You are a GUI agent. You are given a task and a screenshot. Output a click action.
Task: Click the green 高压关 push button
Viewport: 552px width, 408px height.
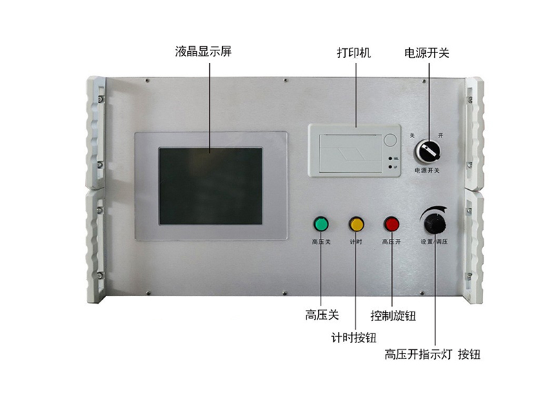click(322, 224)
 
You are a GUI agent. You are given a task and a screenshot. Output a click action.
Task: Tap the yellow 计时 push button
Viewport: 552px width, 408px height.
click(356, 224)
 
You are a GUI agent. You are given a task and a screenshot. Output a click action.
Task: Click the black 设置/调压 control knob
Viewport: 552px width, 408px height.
click(435, 223)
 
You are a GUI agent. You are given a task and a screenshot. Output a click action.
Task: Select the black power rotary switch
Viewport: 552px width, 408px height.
click(427, 148)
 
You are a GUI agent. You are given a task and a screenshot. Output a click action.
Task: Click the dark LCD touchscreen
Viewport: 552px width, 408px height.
click(210, 186)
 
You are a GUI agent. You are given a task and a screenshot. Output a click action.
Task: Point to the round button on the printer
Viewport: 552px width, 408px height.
click(391, 139)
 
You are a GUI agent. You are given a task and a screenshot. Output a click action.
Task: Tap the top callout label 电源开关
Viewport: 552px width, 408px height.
click(426, 52)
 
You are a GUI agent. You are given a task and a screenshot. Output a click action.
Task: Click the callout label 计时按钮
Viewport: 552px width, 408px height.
click(354, 337)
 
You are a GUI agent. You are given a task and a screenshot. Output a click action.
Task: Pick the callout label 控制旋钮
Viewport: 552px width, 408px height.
click(393, 316)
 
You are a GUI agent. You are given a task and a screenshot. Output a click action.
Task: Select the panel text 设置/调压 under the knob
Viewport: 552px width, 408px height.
click(435, 242)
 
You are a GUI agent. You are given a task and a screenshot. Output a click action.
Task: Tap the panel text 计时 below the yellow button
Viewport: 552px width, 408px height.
click(356, 242)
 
